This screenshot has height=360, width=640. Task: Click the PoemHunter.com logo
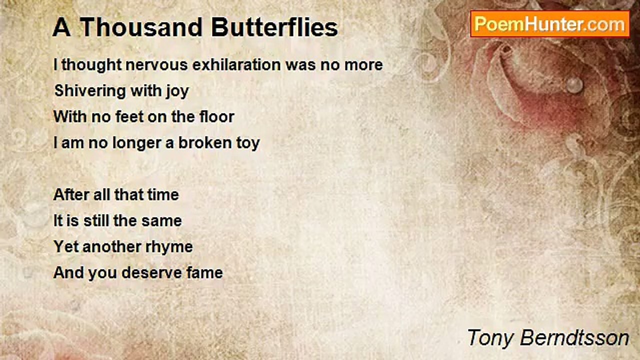click(x=550, y=24)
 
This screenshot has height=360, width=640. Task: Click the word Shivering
click(x=90, y=91)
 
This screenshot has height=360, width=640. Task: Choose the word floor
click(x=217, y=116)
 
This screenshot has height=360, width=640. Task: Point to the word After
click(x=71, y=194)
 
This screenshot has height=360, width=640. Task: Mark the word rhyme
click(x=169, y=247)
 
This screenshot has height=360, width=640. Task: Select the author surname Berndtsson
click(x=574, y=338)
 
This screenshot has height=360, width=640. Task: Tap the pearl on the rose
click(x=574, y=85)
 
